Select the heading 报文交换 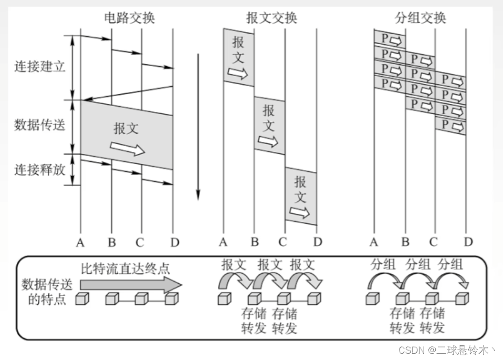click(x=271, y=18)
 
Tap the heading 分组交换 click(x=420, y=18)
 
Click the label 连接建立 click(x=40, y=67)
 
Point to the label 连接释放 click(x=40, y=170)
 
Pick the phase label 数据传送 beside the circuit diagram click(x=40, y=125)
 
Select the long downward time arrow click(x=198, y=126)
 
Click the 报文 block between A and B click(x=238, y=57)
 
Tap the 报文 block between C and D click(x=300, y=197)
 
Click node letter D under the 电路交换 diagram click(x=174, y=242)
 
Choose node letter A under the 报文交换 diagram click(x=223, y=242)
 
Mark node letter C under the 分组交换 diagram click(x=433, y=242)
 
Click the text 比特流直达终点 click(x=125, y=269)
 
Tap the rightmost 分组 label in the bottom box click(x=450, y=264)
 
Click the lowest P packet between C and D click(x=450, y=126)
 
